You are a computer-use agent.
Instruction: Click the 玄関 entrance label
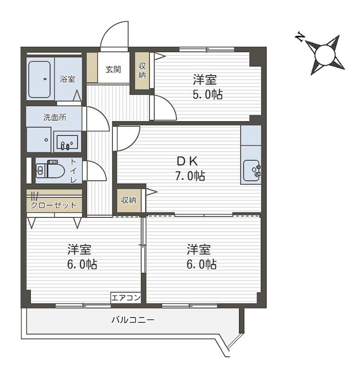(113, 69)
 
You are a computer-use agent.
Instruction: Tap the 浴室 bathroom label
(67, 79)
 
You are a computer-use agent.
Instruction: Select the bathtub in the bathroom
(40, 79)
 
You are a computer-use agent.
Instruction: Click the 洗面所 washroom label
(55, 117)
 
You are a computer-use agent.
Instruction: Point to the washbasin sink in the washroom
(67, 142)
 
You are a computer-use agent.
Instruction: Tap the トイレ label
(73, 171)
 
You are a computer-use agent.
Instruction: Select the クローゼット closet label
(54, 205)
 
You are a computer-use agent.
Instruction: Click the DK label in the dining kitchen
(187, 161)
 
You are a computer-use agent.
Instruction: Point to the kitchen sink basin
(251, 170)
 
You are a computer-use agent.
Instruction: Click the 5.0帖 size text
(207, 94)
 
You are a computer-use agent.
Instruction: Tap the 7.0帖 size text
(190, 176)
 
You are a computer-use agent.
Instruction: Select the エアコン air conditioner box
(126, 298)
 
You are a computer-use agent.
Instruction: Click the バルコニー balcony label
(133, 319)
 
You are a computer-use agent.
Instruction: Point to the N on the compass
(300, 37)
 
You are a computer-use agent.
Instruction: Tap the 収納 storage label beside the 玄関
(142, 70)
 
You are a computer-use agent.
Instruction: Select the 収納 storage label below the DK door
(129, 200)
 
